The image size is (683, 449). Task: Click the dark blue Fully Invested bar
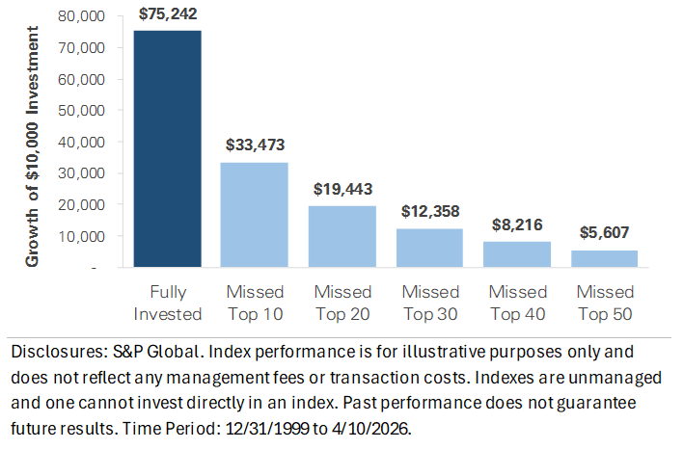(168, 148)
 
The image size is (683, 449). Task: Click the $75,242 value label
(168, 14)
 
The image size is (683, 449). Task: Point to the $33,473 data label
(257, 145)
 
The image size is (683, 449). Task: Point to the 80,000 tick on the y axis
(82, 16)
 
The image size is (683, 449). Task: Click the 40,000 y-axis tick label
(82, 142)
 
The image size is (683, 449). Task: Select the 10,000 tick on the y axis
(82, 236)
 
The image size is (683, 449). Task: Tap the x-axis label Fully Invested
(168, 303)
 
